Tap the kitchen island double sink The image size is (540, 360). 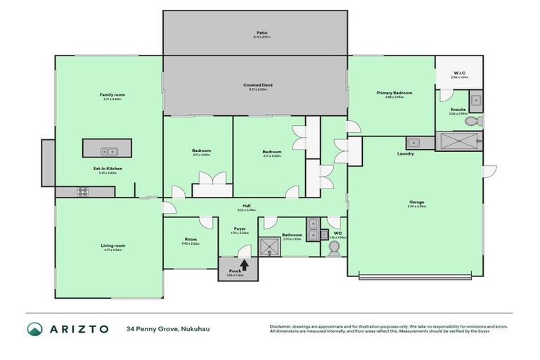tap(107, 150)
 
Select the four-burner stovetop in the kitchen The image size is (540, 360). tap(82, 191)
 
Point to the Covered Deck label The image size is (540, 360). tap(255, 85)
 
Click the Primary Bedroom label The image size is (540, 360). tap(394, 93)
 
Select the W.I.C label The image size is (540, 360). tap(458, 73)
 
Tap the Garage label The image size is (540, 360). tap(415, 202)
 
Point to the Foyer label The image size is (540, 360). tap(240, 229)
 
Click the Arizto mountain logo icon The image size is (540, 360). tap(35, 329)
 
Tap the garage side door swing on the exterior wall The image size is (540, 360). tap(490, 171)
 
